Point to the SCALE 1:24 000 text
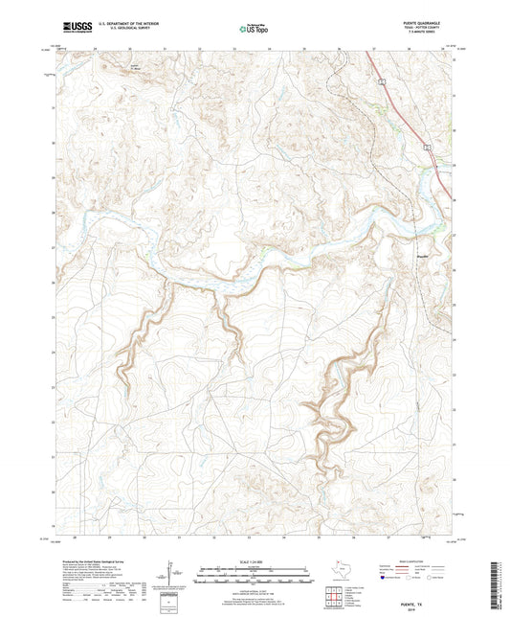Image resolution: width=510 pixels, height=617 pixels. pos(255,560)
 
